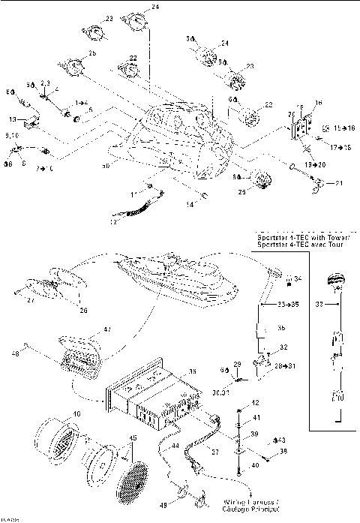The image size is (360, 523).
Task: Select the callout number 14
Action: (x=190, y=203)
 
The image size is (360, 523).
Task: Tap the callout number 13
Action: (x=13, y=119)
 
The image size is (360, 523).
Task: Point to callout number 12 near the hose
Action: (x=114, y=222)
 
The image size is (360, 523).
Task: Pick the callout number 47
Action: (x=107, y=329)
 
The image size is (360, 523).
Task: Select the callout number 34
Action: (x=298, y=278)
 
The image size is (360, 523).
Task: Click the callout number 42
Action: (x=256, y=403)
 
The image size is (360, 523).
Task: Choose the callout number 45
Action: (x=133, y=438)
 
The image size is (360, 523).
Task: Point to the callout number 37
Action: (x=215, y=452)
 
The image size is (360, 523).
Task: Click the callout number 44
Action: (x=175, y=446)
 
